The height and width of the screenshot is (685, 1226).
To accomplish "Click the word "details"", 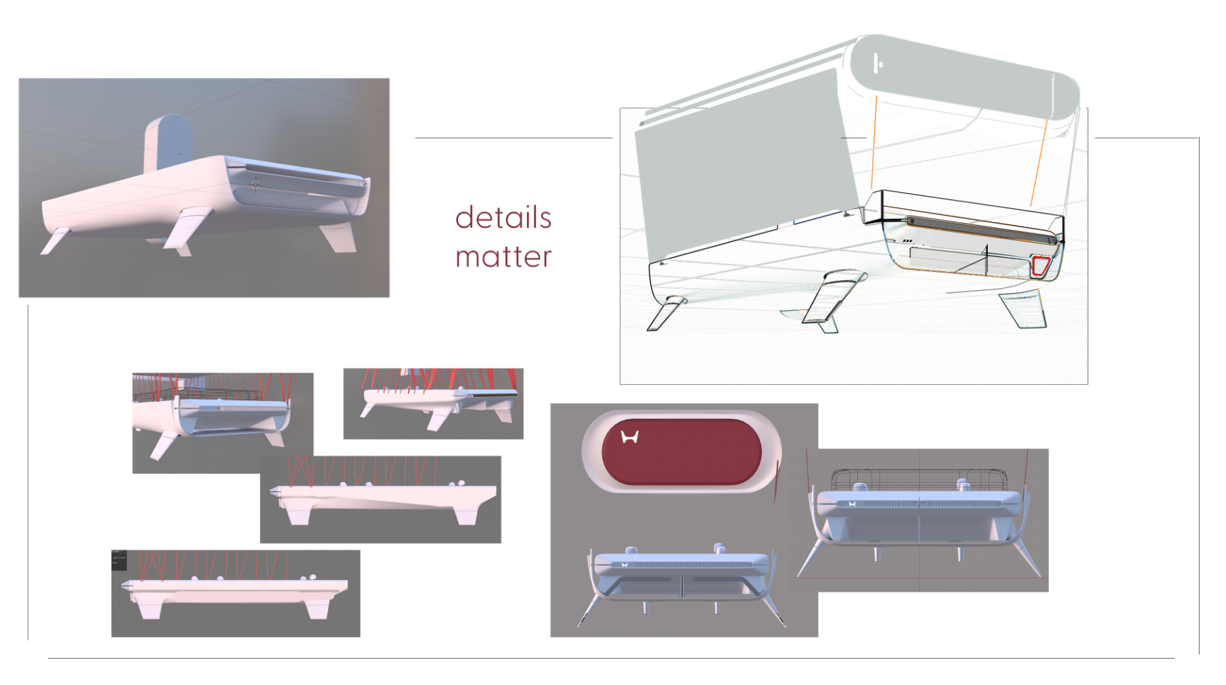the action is click(x=503, y=218).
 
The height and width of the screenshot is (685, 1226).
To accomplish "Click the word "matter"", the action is click(x=503, y=257).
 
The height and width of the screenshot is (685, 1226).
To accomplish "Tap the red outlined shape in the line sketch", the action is click(x=1041, y=266).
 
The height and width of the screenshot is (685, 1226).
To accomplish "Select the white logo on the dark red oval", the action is click(x=630, y=437).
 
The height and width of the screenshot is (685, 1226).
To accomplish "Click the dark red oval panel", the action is click(x=682, y=452).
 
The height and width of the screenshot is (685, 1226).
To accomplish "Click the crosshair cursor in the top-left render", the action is click(x=255, y=184).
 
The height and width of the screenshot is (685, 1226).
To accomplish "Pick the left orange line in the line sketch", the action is click(x=874, y=142).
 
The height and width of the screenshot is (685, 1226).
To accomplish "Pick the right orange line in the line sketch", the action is click(x=1039, y=162).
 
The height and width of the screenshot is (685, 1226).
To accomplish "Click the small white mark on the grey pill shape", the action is click(x=878, y=64).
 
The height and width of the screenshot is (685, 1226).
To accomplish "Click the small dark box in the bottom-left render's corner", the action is click(x=118, y=559).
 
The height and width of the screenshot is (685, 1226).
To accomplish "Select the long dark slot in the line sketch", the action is click(x=981, y=230).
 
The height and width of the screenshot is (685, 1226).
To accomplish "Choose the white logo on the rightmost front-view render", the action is click(x=852, y=504).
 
